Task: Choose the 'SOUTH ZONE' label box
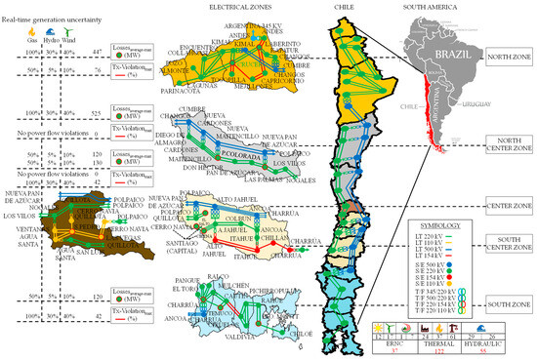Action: pyautogui.click(x=507, y=305)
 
